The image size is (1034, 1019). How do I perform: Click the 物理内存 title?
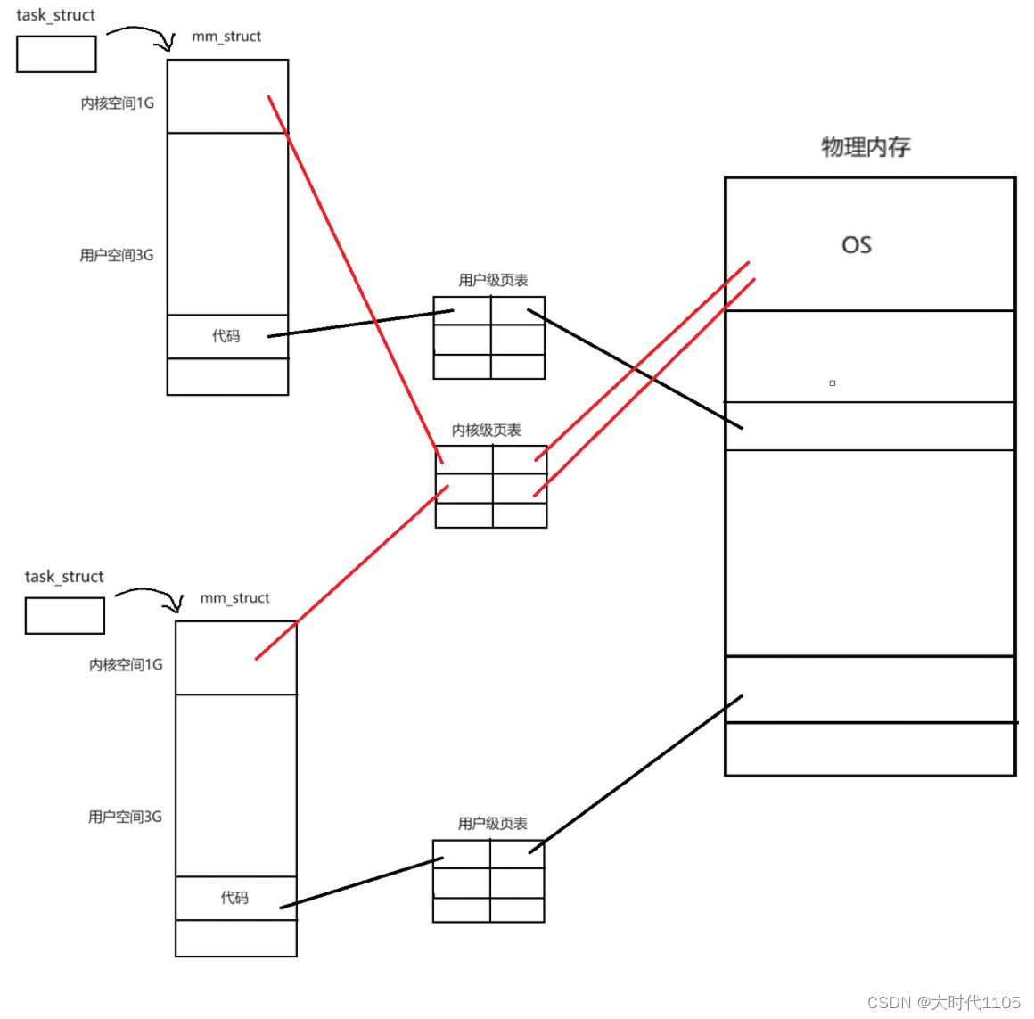(866, 147)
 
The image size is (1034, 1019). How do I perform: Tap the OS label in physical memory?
(857, 245)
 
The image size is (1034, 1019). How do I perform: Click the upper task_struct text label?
(55, 15)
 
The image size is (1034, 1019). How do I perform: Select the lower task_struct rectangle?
(65, 616)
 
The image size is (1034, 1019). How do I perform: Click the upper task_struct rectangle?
(56, 54)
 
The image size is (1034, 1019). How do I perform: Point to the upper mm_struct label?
(226, 37)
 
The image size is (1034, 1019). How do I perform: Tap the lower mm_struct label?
(234, 598)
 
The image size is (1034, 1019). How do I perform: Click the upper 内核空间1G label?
(117, 103)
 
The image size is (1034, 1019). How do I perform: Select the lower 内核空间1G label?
(126, 665)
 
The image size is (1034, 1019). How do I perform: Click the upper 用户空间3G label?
(116, 256)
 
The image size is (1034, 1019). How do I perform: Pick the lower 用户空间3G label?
(125, 817)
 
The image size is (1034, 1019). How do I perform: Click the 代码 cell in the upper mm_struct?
(226, 336)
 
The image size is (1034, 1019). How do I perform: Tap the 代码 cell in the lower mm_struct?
(234, 898)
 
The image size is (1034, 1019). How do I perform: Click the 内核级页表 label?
(486, 431)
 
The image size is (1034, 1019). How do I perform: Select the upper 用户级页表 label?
(493, 280)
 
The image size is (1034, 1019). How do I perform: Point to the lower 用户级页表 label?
(492, 824)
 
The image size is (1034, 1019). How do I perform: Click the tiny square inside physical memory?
(833, 383)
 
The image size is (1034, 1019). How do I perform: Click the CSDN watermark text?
(944, 1003)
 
